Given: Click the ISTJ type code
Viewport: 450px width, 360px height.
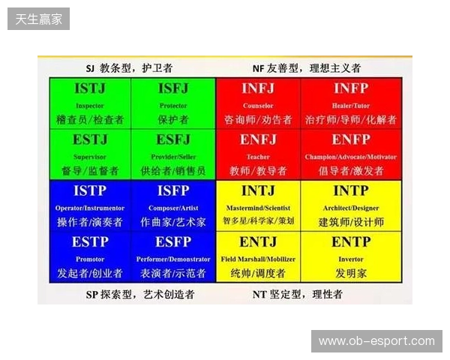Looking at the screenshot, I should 90,88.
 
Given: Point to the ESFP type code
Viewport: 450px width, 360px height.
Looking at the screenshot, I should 173,242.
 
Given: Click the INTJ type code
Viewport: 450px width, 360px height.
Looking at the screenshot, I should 258,190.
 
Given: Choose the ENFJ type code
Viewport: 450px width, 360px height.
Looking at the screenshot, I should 258,139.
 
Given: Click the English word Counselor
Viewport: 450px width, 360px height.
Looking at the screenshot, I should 258,106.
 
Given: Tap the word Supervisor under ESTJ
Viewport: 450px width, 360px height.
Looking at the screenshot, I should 90,157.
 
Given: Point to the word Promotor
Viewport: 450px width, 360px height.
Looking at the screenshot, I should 90,259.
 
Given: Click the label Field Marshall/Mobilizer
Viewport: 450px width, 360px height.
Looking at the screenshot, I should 258,259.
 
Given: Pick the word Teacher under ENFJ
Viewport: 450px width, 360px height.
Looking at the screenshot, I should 258,157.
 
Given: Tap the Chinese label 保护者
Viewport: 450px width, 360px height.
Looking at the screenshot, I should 173,119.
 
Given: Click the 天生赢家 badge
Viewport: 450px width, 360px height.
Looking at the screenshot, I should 39,18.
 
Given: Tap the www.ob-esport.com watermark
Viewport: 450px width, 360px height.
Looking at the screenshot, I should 376,341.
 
